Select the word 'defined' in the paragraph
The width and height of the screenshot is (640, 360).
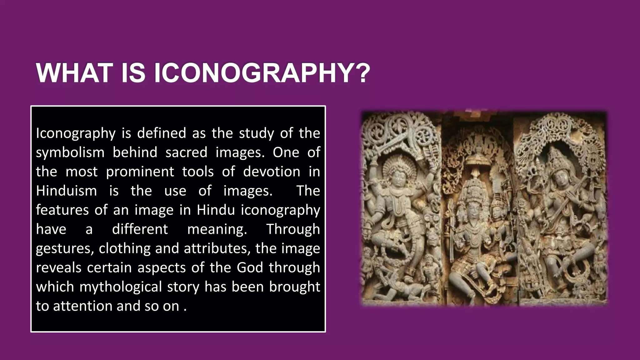[x=161, y=133]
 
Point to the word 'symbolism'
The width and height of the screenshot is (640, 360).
[x=70, y=153]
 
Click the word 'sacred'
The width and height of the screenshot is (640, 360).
[x=186, y=152]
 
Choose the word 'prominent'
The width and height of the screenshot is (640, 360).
[x=140, y=172]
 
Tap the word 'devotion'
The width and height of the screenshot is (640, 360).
[x=271, y=172]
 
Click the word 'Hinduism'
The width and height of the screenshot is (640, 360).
[x=67, y=191]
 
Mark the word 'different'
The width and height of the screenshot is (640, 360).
[x=140, y=229]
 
